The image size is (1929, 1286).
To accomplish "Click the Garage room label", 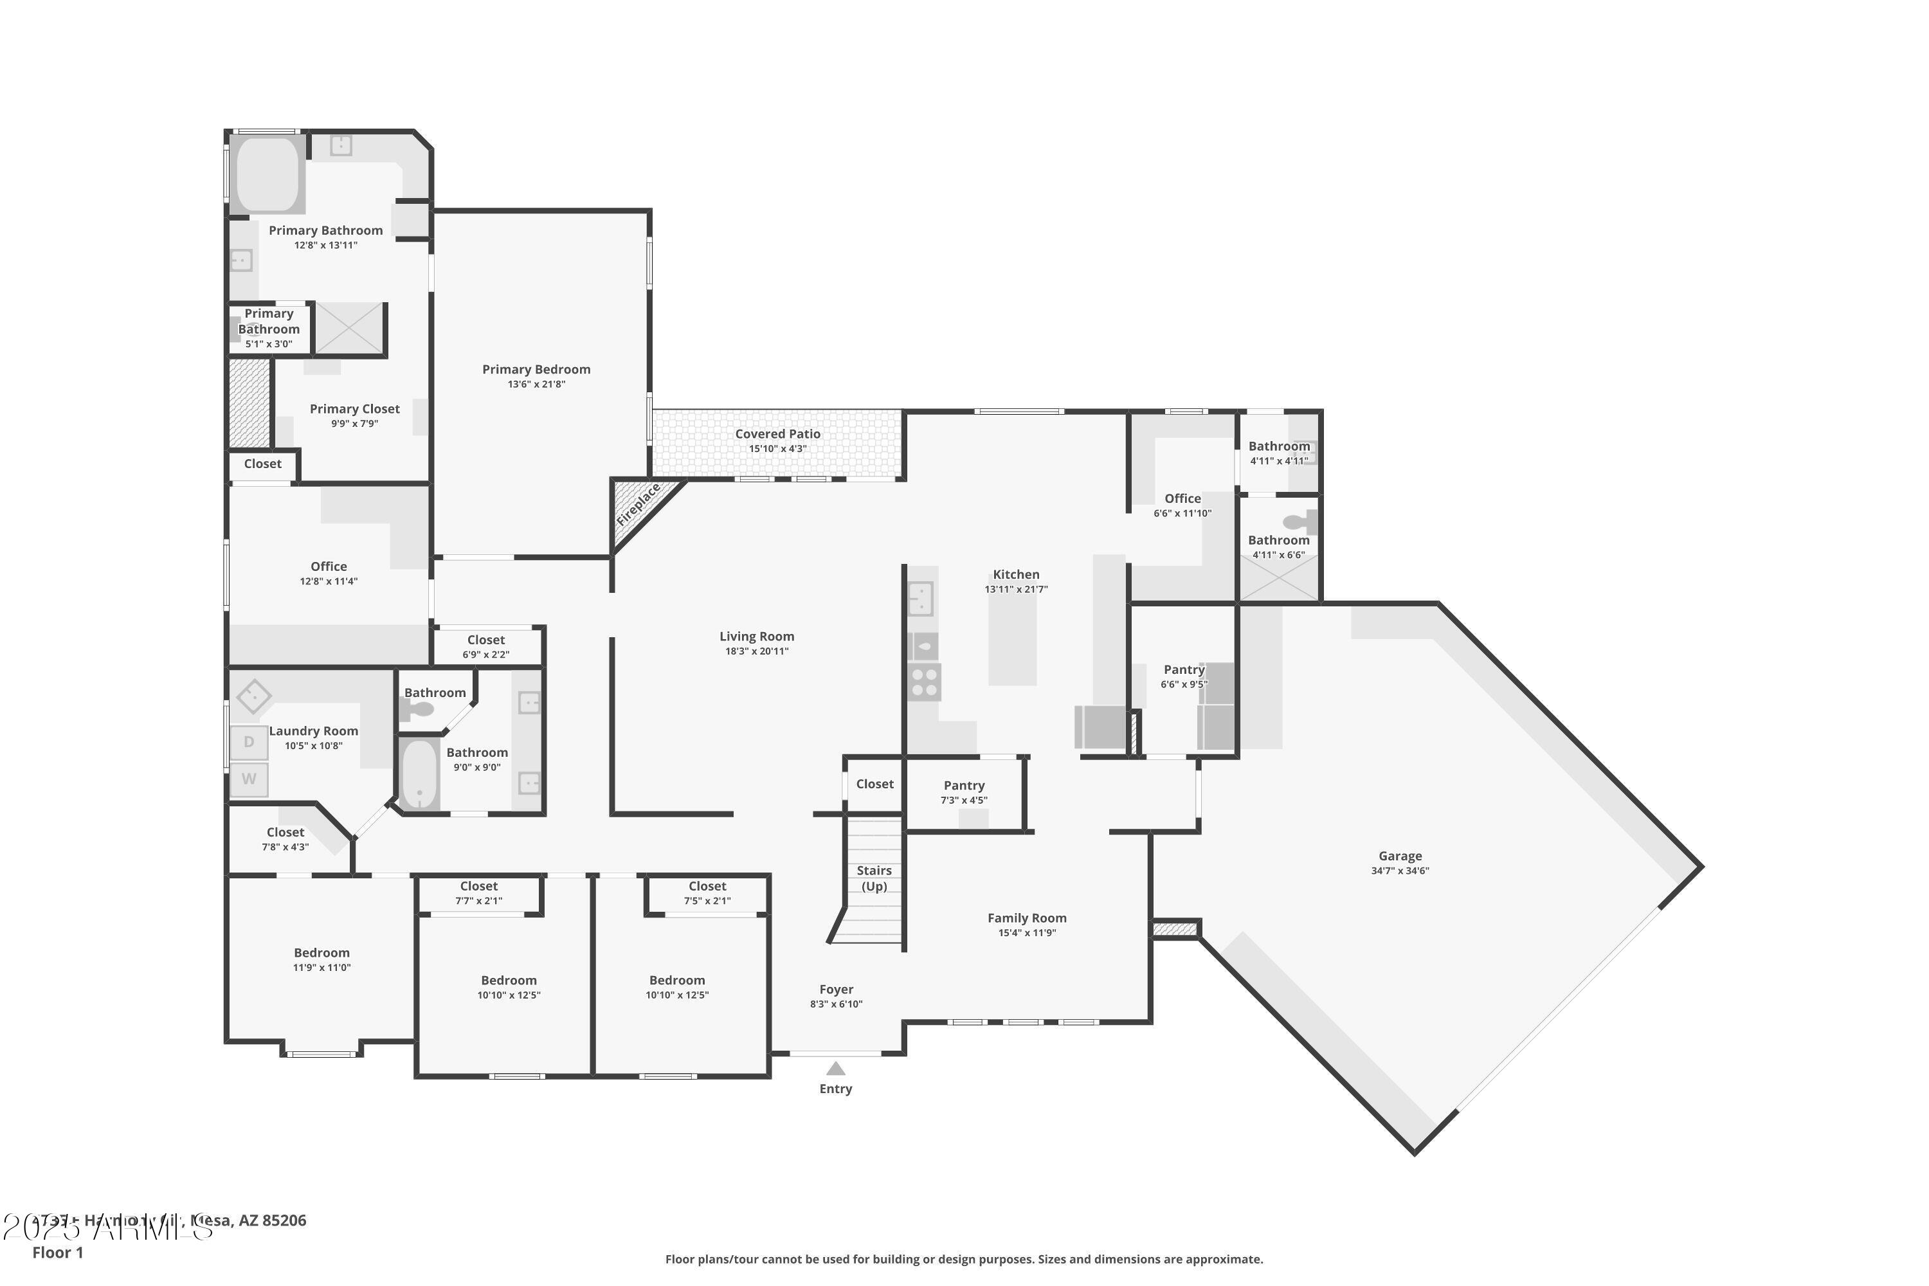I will pyautogui.click(x=1399, y=855).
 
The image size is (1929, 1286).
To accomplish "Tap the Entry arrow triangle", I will pyautogui.click(x=835, y=1069).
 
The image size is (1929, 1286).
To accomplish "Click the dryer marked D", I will pyautogui.click(x=248, y=742).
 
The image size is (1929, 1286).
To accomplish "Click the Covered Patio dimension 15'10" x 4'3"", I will pyautogui.click(x=777, y=449).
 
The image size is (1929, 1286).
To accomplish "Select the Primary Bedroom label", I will pyautogui.click(x=536, y=369).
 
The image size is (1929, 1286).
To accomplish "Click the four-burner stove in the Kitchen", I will pyautogui.click(x=925, y=682).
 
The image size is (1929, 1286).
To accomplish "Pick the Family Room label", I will pyautogui.click(x=1026, y=918).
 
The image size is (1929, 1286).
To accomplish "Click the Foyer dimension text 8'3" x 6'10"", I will pyautogui.click(x=836, y=1004).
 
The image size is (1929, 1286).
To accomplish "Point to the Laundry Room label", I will pyautogui.click(x=313, y=730).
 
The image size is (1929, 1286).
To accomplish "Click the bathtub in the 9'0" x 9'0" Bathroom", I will pyautogui.click(x=419, y=774).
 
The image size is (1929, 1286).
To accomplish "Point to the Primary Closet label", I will pyautogui.click(x=354, y=408).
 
